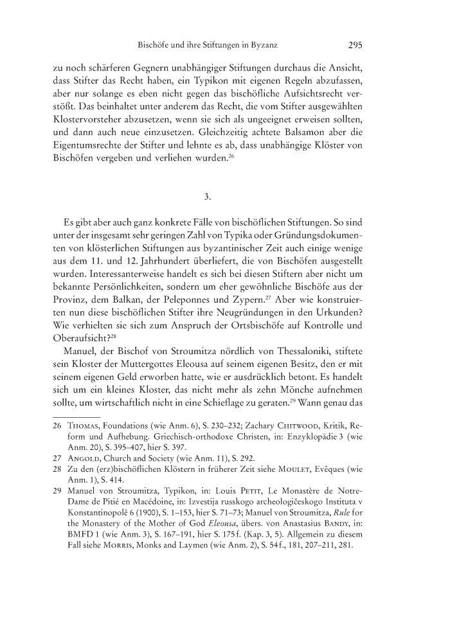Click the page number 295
point(356,46)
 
